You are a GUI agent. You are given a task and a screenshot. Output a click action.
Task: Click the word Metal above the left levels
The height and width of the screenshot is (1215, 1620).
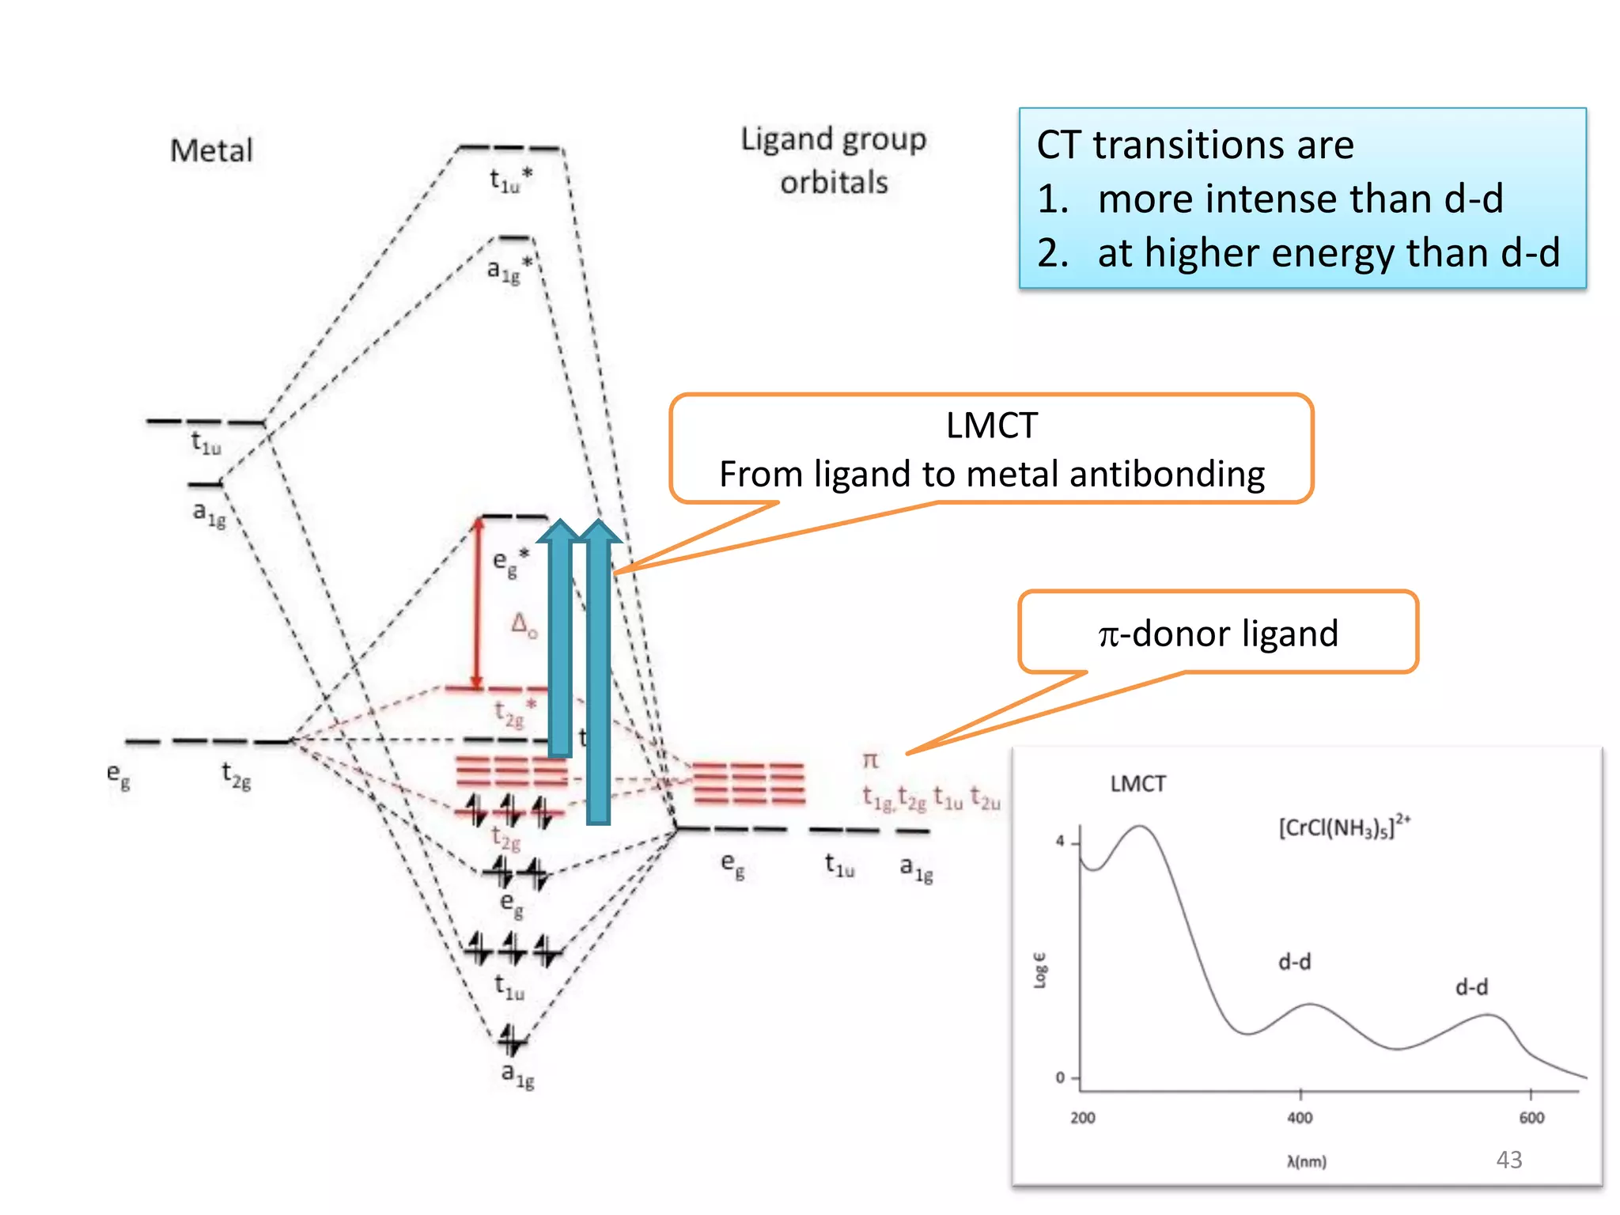211,150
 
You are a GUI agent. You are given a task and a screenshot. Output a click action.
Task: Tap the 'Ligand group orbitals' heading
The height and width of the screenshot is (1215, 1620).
833,161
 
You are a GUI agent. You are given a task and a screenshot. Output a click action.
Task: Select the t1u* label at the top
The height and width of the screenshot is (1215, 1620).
510,180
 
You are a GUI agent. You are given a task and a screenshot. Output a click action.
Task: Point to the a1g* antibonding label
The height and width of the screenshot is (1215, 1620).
508,269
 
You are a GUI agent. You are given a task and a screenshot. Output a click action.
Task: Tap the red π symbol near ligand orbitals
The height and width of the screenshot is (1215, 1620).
870,760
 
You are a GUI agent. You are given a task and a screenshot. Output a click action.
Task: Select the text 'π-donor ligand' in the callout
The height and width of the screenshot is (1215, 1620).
1218,634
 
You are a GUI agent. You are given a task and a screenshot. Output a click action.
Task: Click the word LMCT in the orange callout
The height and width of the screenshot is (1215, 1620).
991,426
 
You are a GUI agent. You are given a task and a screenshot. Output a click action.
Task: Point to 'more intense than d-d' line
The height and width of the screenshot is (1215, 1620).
1300,198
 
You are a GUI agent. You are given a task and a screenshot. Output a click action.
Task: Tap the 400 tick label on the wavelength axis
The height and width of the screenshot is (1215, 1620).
1300,1118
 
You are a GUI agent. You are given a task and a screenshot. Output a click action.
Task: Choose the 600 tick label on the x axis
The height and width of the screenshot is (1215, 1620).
1531,1118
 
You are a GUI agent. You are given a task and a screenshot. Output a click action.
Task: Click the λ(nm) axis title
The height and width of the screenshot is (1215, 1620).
1307,1161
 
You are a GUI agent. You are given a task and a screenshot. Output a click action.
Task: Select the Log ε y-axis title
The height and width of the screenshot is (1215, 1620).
1040,970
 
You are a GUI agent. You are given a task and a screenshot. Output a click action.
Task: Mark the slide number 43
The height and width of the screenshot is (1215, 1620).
1508,1160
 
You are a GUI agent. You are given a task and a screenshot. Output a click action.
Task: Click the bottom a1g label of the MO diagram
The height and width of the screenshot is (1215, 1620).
517,1075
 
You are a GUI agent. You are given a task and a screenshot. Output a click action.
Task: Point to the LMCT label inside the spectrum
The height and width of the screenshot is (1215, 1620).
1137,784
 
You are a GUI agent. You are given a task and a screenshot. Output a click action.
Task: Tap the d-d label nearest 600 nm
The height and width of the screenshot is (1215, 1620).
1471,986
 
